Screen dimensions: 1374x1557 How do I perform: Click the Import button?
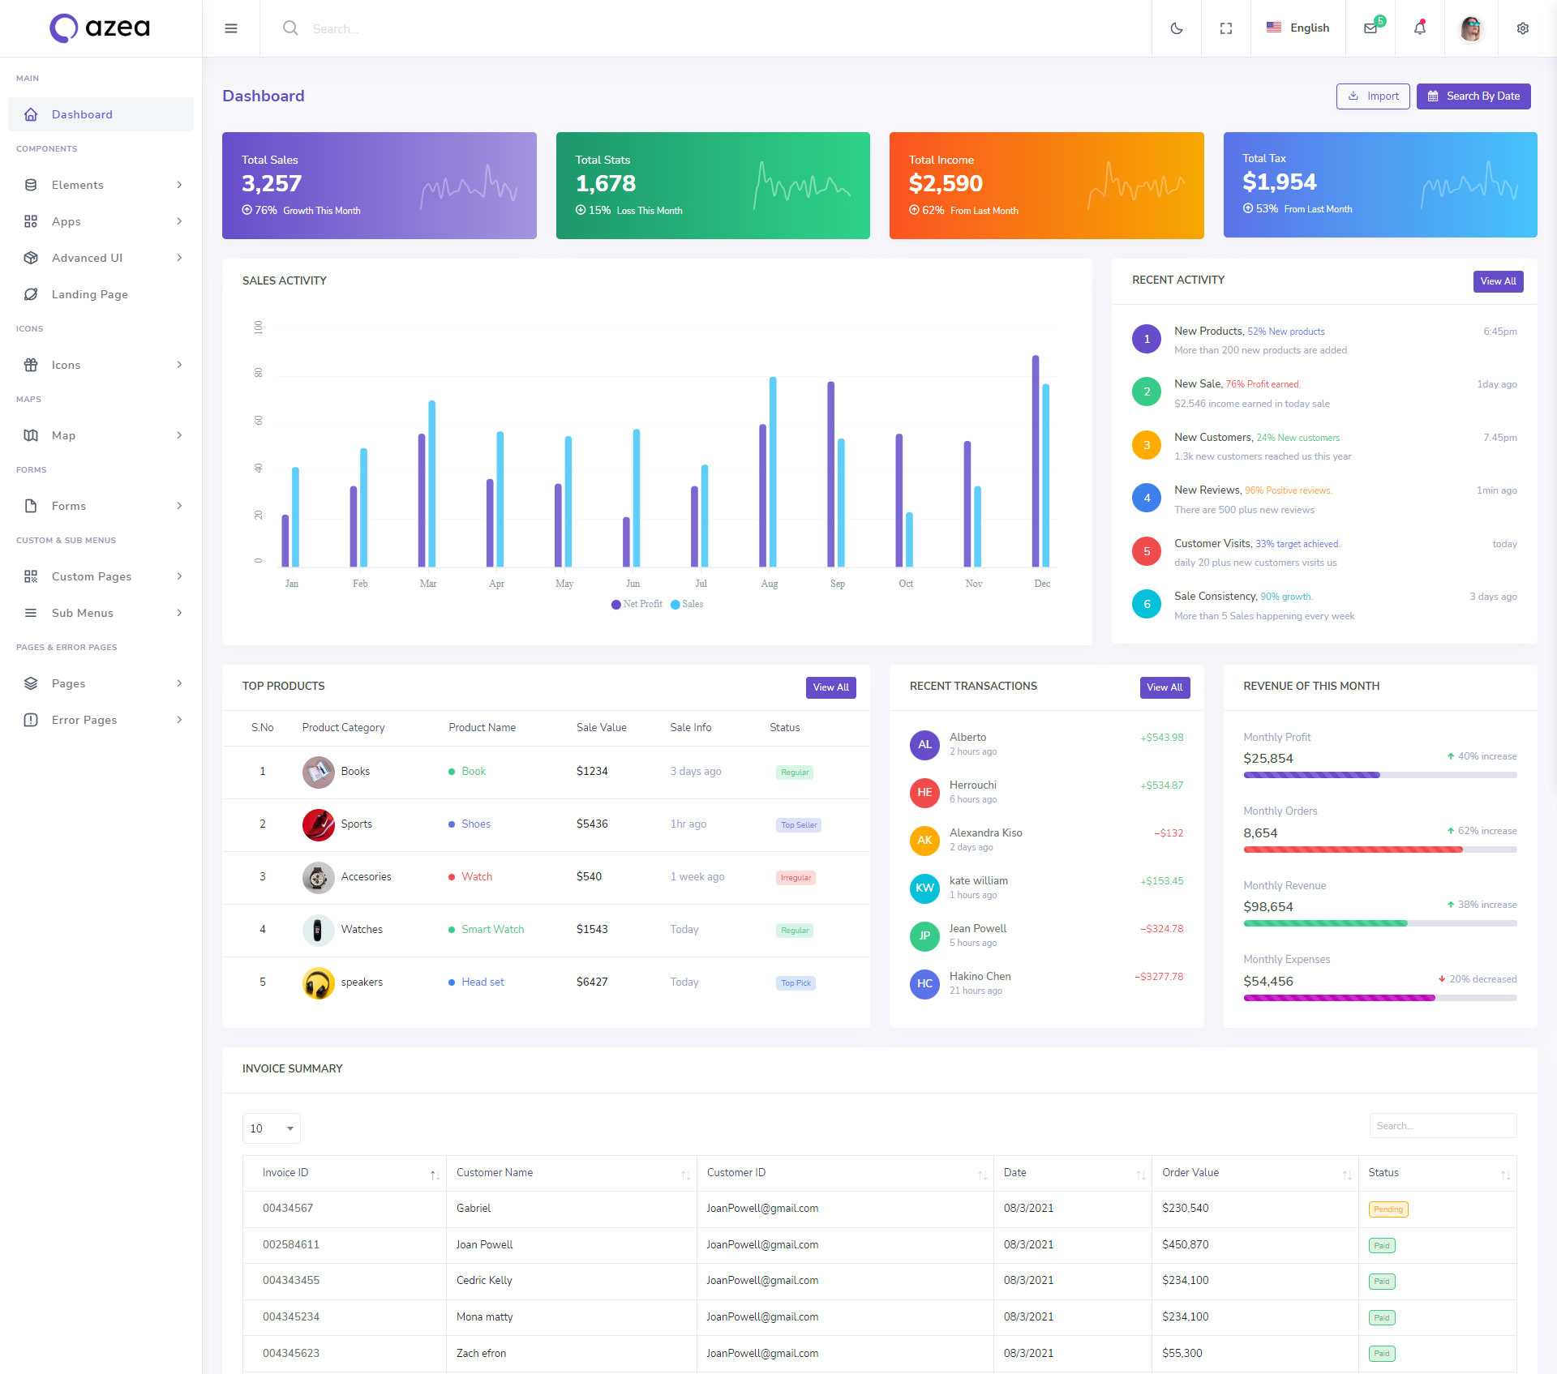tap(1372, 96)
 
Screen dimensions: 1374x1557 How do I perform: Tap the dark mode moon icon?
tap(1176, 28)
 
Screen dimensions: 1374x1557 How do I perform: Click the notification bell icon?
tap(1419, 28)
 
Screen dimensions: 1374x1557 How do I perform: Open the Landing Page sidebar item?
tap(89, 294)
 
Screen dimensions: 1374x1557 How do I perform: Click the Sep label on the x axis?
tap(838, 584)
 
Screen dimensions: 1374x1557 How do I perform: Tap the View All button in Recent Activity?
tap(1497, 281)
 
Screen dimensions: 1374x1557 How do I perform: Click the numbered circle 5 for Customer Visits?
tap(1146, 551)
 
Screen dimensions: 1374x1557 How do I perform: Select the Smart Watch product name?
tap(492, 929)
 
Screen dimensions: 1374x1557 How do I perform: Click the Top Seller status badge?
tap(799, 825)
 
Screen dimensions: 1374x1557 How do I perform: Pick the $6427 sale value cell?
tap(592, 982)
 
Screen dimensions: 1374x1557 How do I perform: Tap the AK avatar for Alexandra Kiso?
tap(924, 841)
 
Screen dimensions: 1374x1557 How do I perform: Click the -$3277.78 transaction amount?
tap(1159, 977)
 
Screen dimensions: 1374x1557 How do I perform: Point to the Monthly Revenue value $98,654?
tap(1267, 907)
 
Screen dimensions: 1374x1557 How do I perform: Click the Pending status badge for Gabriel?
tap(1388, 1209)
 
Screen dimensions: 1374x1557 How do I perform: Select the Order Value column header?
tap(1190, 1173)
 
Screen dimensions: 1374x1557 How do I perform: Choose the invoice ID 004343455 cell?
tap(291, 1281)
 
